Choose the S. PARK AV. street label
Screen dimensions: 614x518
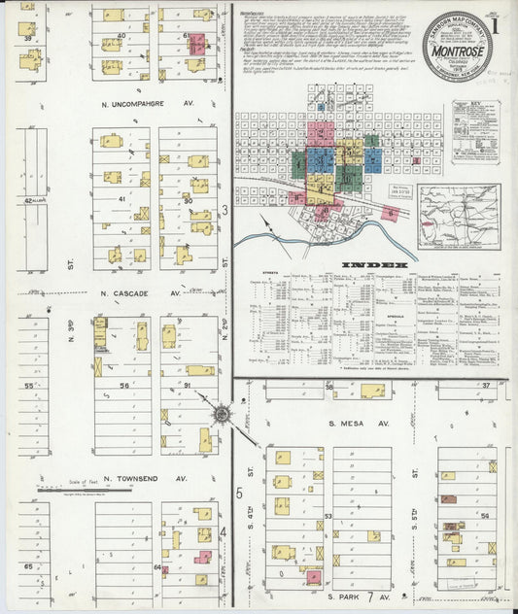click(x=357, y=596)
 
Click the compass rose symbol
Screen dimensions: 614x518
click(x=223, y=415)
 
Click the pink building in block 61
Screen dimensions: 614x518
click(x=197, y=45)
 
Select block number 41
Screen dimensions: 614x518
click(x=121, y=198)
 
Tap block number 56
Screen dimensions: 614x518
click(x=123, y=386)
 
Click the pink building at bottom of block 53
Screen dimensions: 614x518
click(x=313, y=577)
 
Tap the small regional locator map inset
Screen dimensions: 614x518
click(x=459, y=218)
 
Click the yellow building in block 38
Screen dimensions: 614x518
click(x=372, y=391)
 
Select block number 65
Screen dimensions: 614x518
click(x=29, y=565)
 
